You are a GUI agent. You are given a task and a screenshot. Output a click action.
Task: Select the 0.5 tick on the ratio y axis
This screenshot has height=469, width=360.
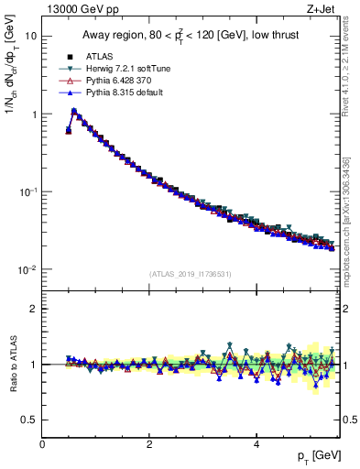tap(27, 420)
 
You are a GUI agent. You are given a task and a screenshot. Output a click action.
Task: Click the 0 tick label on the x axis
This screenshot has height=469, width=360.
tap(42, 444)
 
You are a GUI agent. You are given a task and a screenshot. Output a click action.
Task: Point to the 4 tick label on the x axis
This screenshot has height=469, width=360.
tap(256, 444)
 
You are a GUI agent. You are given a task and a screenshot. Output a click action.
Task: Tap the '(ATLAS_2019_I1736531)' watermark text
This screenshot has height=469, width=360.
tap(190, 274)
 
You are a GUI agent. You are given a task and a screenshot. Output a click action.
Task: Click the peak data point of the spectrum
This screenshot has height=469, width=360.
tap(74, 111)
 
